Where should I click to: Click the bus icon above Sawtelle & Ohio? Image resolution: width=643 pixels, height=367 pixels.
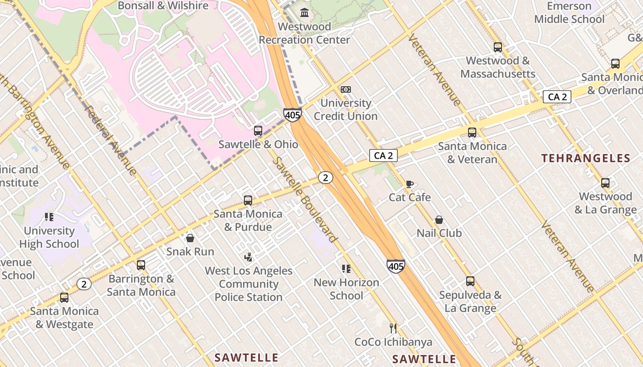[258, 131]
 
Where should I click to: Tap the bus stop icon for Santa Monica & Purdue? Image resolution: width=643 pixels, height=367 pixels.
[248, 200]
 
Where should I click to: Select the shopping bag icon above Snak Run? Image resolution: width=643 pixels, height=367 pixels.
[190, 238]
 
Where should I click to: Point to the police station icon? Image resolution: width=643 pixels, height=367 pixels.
[248, 257]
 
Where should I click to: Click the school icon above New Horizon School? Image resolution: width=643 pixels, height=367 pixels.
[346, 269]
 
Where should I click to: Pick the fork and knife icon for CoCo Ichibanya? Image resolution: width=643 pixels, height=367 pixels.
[393, 328]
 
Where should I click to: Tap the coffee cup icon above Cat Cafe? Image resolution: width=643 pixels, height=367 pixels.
[410, 184]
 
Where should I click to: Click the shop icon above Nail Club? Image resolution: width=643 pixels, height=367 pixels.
[439, 220]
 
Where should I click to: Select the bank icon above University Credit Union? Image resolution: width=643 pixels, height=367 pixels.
[346, 89]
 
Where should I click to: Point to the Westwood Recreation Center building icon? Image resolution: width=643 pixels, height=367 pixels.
[304, 13]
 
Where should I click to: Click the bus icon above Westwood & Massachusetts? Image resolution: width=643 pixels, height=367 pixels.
[498, 47]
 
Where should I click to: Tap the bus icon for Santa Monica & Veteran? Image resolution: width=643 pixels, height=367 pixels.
[472, 133]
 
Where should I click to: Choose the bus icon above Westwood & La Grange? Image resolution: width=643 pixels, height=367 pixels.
[605, 183]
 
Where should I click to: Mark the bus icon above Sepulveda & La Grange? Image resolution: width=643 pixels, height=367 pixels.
[470, 281]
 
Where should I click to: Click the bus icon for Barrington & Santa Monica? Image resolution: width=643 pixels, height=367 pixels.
[141, 265]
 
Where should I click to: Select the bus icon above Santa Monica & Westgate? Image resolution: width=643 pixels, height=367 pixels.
[64, 298]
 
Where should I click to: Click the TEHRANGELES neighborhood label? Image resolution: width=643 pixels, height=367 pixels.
[586, 159]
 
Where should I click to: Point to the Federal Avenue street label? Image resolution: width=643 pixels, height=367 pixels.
[111, 141]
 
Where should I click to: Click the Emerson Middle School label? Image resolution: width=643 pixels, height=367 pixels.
[569, 12]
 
